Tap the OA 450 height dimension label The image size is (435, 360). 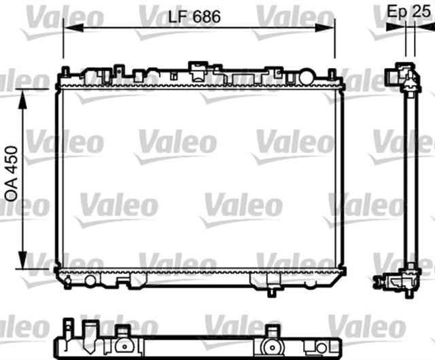pyautogui.click(x=12, y=173)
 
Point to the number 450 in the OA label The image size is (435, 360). pyautogui.click(x=12, y=160)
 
